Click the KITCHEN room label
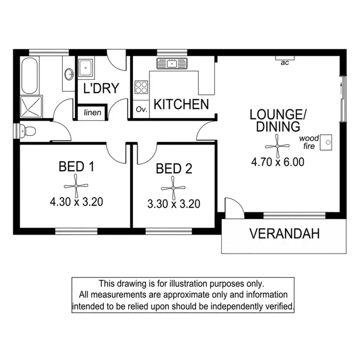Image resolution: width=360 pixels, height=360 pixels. (181, 104)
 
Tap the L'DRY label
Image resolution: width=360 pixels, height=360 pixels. (101, 88)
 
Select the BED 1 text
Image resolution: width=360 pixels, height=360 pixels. (76, 167)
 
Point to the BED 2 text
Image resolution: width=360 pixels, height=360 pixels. (174, 169)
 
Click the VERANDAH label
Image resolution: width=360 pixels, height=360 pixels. (284, 234)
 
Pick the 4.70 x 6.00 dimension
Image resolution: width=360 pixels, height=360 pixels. (278, 162)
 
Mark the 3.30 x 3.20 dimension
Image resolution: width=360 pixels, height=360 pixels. (174, 204)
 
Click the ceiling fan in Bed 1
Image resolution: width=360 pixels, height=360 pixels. (76, 185)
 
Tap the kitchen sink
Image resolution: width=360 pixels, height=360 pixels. (172, 63)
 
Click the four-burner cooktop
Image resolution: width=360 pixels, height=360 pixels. (141, 87)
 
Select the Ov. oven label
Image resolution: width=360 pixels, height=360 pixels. (141, 109)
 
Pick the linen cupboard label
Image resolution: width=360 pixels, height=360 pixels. (92, 113)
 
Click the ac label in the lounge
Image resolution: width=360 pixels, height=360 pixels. (285, 62)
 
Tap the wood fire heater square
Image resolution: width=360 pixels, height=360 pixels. (327, 141)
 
